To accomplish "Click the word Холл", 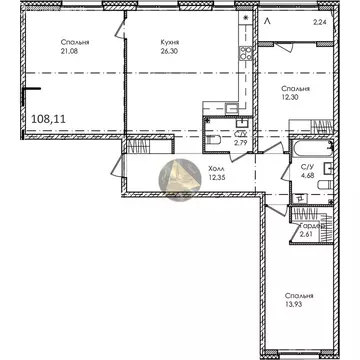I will (201, 167).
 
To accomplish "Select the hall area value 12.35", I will (201, 177).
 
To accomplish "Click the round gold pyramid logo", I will (176, 180).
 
